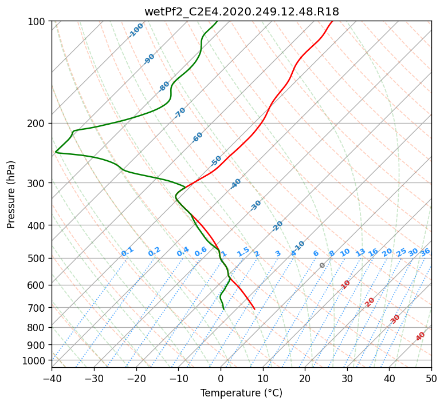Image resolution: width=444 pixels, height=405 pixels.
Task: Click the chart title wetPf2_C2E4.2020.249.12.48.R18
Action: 242,11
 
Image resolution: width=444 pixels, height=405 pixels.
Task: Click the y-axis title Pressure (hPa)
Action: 11,194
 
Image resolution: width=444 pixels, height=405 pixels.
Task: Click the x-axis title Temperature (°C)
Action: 242,393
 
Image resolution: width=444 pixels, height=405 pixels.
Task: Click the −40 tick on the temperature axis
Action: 52,378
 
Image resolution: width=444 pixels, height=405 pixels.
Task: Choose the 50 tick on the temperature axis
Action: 431,378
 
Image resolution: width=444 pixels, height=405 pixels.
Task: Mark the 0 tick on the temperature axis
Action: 221,378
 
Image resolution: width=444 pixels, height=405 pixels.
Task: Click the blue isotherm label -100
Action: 136,30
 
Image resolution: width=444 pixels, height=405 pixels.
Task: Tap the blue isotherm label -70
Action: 179,113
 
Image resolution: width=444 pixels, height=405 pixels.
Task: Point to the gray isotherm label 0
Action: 322,265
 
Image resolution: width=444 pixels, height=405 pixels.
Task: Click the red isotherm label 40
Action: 420,336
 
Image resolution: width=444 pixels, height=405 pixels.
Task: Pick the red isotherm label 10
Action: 345,284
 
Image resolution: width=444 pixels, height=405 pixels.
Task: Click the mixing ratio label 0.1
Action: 127,252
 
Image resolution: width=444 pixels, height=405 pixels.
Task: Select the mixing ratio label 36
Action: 425,252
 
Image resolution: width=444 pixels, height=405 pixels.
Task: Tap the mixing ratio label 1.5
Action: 243,252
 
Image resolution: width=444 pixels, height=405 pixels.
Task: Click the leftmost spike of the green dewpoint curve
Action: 56,152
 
